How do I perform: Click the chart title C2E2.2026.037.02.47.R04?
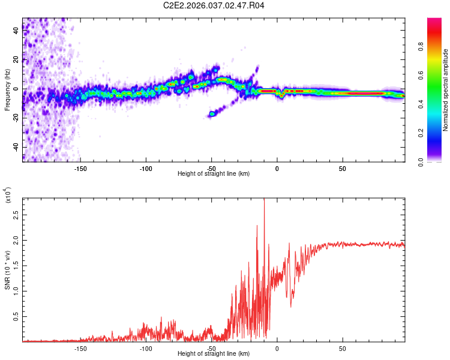point(214,5)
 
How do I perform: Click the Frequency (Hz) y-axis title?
point(7,90)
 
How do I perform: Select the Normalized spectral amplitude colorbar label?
point(446,90)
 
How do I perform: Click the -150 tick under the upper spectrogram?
point(81,168)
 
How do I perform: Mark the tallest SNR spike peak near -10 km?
point(264,199)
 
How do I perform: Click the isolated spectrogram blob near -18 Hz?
point(212,113)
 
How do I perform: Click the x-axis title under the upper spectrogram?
point(214,174)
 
